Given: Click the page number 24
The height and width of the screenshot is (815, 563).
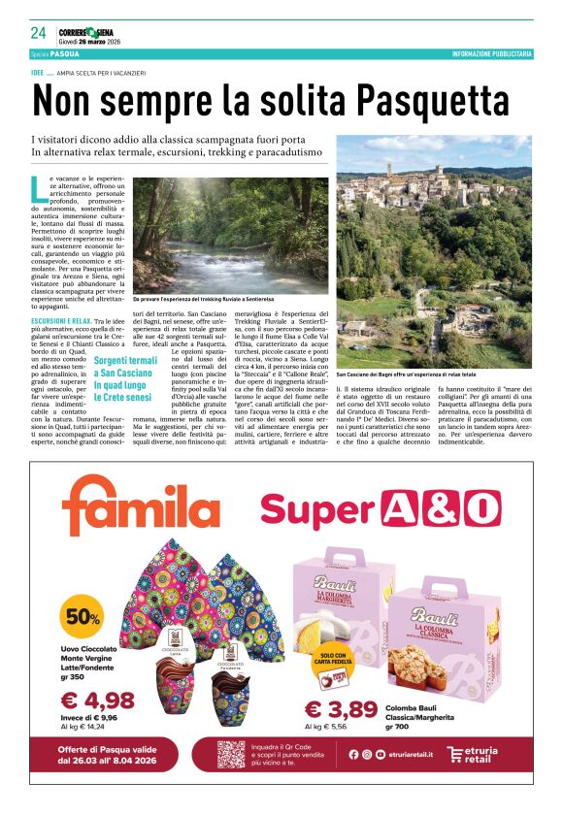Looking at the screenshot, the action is [x=38, y=34].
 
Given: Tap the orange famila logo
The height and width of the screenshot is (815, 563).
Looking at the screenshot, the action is [x=141, y=513].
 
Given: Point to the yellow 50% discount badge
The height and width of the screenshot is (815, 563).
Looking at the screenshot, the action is [x=83, y=617].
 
